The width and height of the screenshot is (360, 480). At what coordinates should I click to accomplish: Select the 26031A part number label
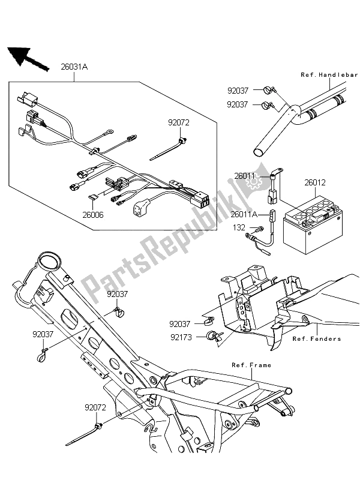74,67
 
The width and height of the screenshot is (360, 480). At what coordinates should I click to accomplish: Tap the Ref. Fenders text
316,338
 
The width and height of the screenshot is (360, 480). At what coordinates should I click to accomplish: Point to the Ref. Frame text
251,365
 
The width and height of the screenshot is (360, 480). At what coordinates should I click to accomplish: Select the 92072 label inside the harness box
179,121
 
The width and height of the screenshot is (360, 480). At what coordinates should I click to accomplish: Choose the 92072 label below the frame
89,406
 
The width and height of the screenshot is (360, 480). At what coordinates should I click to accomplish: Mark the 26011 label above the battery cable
245,176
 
